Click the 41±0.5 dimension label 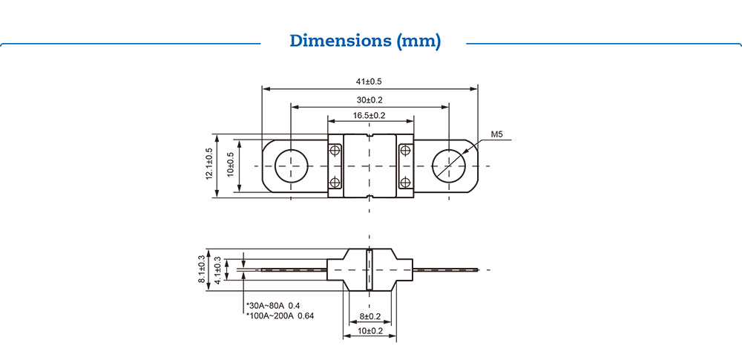click(370, 82)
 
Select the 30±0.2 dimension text click(370, 99)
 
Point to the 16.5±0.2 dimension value click(370, 115)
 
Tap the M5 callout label click(497, 135)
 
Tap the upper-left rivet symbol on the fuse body click(335, 151)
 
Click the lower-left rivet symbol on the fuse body click(335, 182)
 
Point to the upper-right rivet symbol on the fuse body click(405, 151)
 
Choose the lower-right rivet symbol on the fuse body click(405, 182)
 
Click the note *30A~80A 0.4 click(272, 306)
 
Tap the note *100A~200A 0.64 click(279, 316)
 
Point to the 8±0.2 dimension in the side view click(370, 316)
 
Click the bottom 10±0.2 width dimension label click(370, 331)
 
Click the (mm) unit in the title click(419, 41)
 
